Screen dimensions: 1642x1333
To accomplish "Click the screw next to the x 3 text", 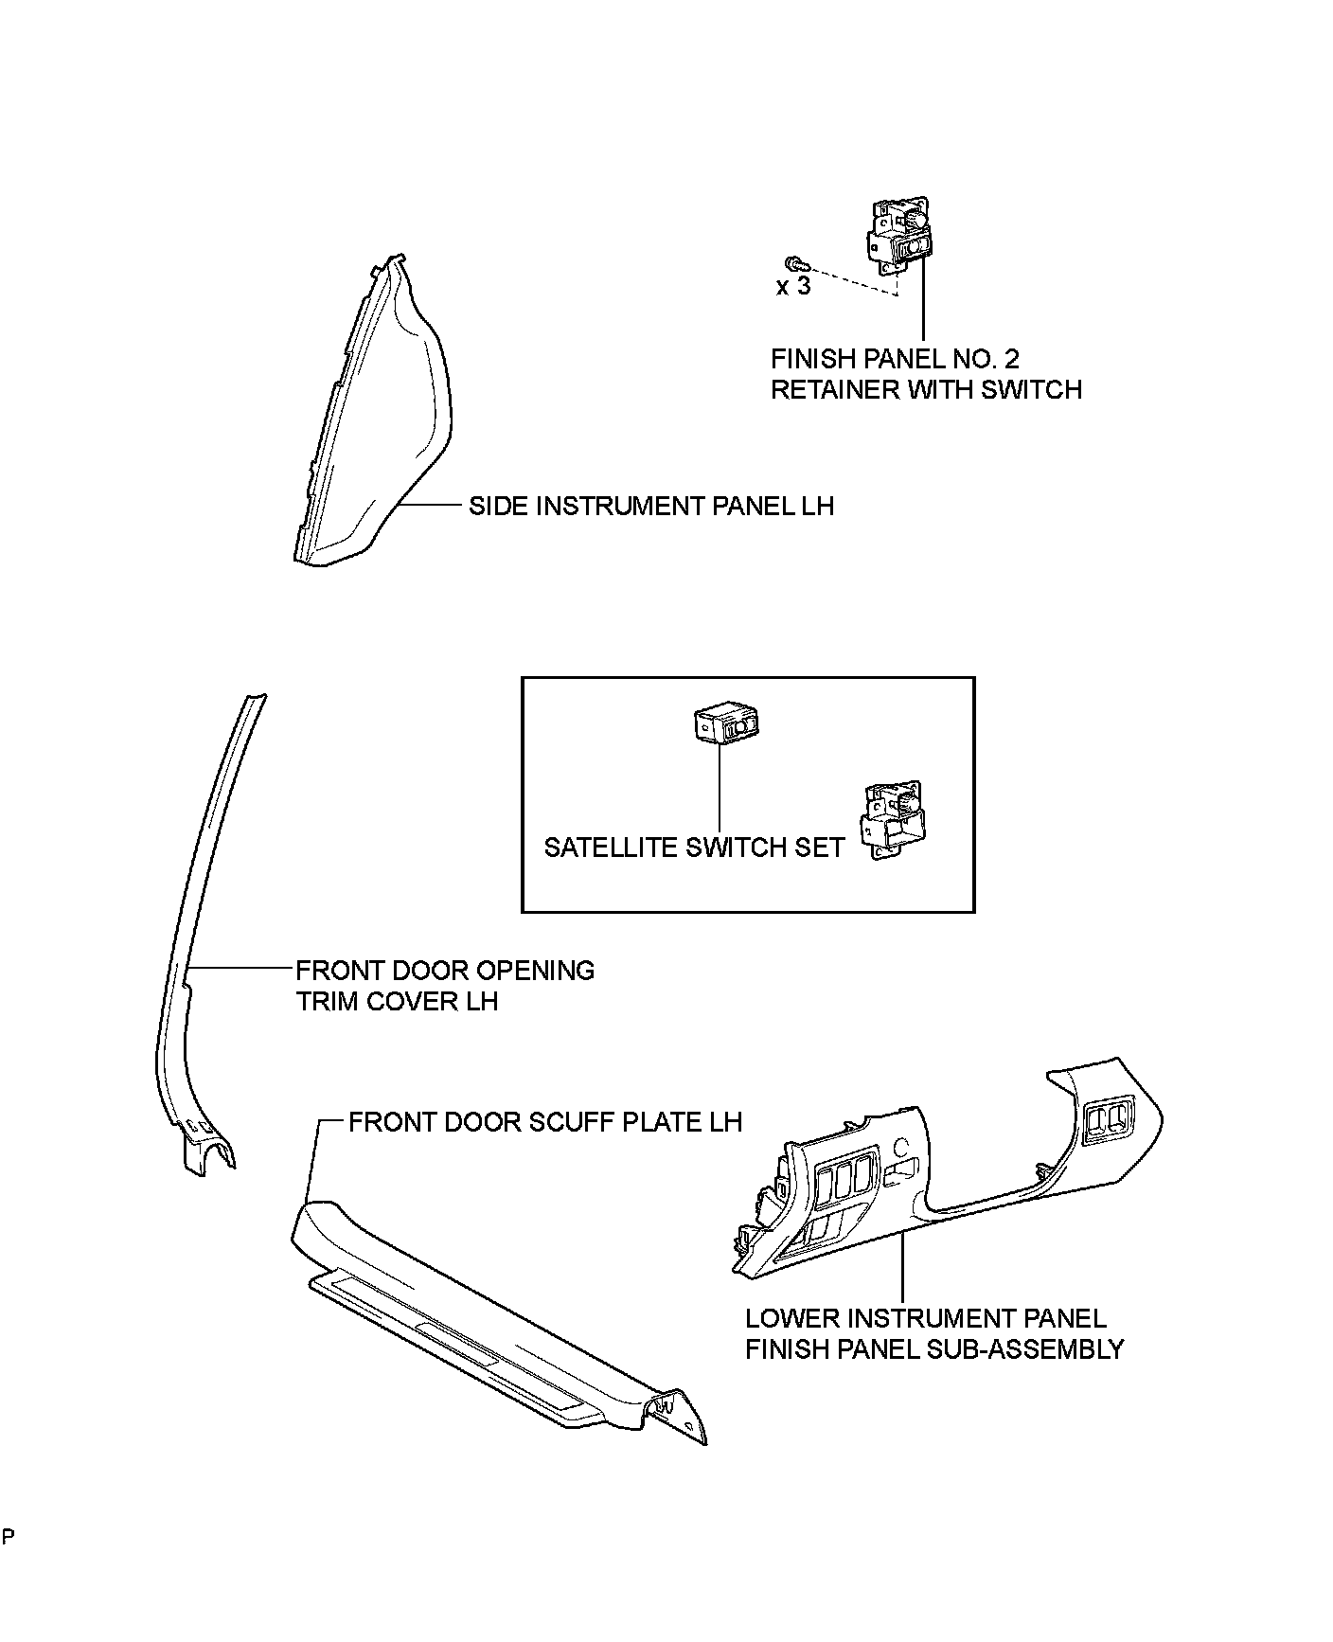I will pyautogui.click(x=793, y=261).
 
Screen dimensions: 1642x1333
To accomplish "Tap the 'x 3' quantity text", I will pyautogui.click(x=793, y=286).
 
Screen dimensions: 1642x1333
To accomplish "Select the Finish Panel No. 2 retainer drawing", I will pyautogui.click(x=899, y=236).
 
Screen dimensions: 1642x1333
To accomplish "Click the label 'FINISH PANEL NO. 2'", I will pyautogui.click(x=895, y=359).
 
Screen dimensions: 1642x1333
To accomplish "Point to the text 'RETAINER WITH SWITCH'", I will pyautogui.click(x=926, y=389).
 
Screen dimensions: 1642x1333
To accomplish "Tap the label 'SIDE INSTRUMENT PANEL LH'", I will pyautogui.click(x=651, y=506).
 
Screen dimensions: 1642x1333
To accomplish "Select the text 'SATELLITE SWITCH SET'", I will pyautogui.click(x=693, y=847).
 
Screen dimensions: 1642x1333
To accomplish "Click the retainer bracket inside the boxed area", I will pyautogui.click(x=892, y=819).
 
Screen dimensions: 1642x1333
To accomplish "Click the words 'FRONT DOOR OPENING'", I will pyautogui.click(x=445, y=971).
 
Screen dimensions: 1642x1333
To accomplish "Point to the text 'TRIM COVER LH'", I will pyautogui.click(x=397, y=1001).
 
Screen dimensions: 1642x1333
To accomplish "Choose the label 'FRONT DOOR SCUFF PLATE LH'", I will pyautogui.click(x=545, y=1122).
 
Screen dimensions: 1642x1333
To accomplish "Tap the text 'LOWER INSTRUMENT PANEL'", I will pyautogui.click(x=925, y=1318).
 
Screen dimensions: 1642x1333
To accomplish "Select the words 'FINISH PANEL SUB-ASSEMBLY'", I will pyautogui.click(x=933, y=1348).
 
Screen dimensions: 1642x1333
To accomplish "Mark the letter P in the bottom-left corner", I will pyautogui.click(x=7, y=1536).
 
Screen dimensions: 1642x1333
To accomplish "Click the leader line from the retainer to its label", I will pyautogui.click(x=923, y=303).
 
